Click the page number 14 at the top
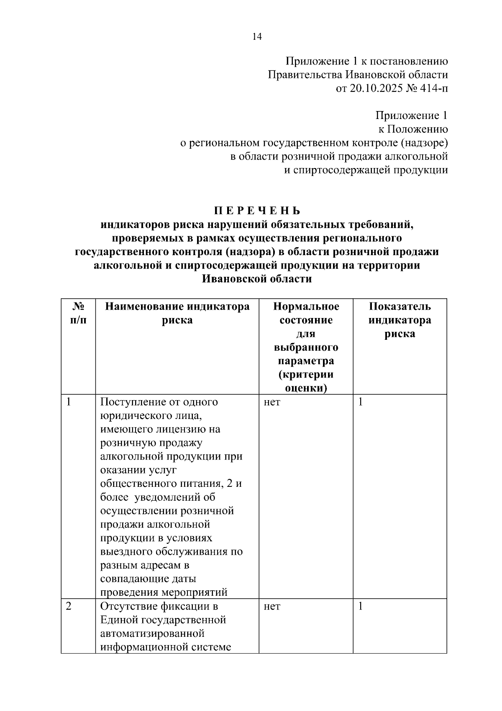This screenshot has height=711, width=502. point(257,37)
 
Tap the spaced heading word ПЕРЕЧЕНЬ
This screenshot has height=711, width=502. point(257,210)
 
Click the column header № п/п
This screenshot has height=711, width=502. point(78,313)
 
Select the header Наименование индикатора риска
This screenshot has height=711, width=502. point(177,313)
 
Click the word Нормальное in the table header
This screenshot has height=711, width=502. point(306,306)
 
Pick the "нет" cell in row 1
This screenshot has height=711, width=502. point(272,402)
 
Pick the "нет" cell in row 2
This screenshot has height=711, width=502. point(272,606)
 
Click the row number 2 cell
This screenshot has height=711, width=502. point(69,606)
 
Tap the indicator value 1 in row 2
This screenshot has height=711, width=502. point(361,606)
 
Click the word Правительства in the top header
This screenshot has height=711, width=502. point(305,75)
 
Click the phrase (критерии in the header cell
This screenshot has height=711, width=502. point(306,374)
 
